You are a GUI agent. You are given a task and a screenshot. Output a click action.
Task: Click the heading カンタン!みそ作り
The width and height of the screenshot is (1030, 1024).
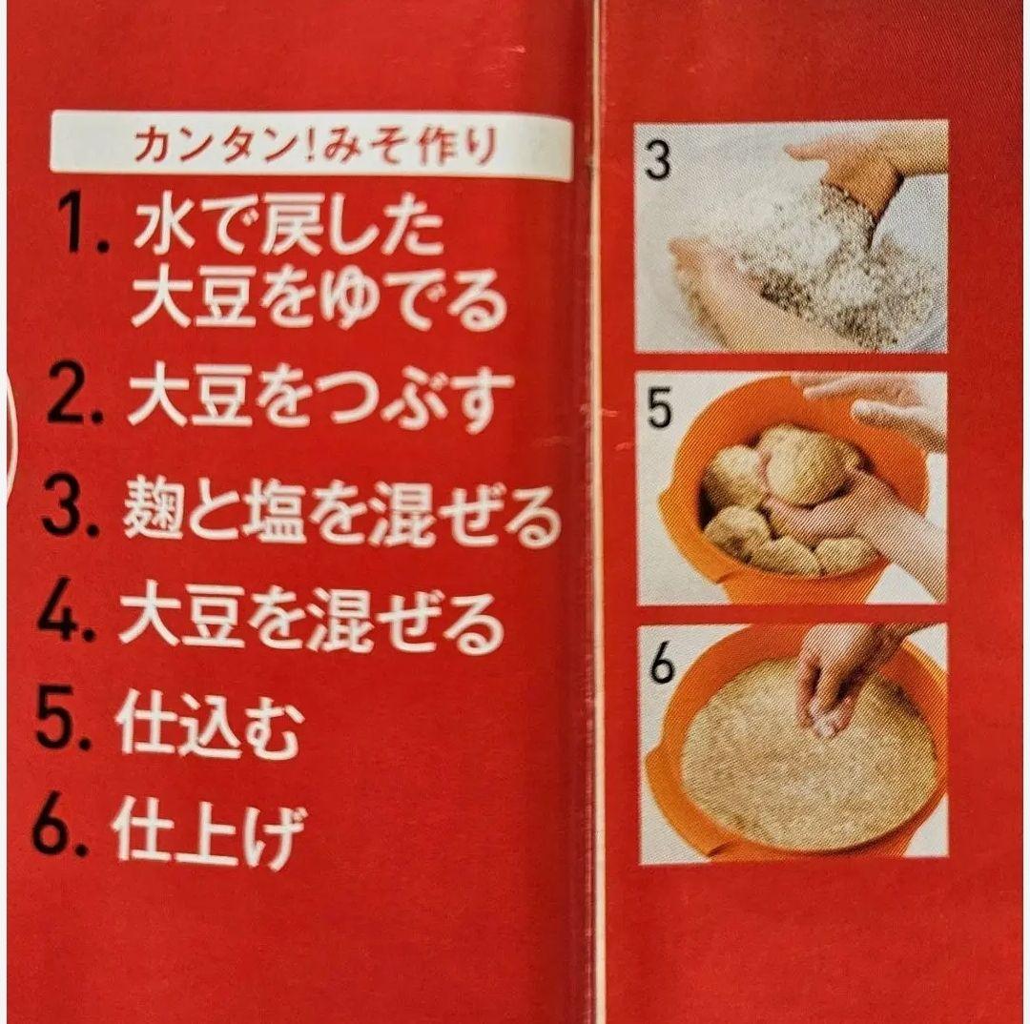coord(314,146)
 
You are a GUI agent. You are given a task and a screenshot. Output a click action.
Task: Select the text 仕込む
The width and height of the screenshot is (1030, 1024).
coord(209,727)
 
